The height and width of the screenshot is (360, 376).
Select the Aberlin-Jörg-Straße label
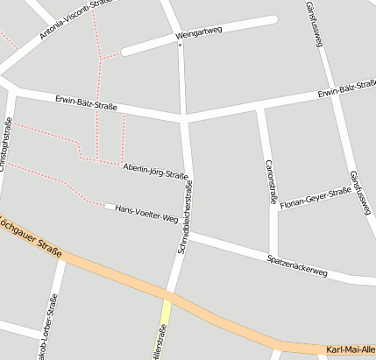tap(156, 170)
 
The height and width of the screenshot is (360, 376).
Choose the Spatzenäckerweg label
tap(297, 266)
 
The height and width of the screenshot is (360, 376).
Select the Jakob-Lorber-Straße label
tap(43, 331)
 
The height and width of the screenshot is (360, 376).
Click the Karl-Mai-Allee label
tap(351, 351)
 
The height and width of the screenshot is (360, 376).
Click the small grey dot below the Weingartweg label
tap(181, 45)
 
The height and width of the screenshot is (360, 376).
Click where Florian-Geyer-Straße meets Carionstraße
tap(273, 208)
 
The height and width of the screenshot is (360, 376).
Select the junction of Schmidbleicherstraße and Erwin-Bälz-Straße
tap(184, 116)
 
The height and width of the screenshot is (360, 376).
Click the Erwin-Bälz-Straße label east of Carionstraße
tap(346, 90)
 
